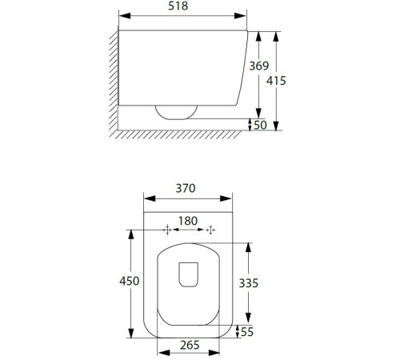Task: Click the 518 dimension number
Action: [x=178, y=6]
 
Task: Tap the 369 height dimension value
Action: [x=259, y=66]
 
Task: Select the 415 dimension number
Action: [x=276, y=81]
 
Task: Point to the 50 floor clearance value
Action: [x=260, y=125]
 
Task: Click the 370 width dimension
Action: [x=186, y=188]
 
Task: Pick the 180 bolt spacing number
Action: [x=188, y=221]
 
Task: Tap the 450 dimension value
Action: [x=130, y=281]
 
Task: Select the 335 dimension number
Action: [x=248, y=283]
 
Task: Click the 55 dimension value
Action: [x=247, y=332]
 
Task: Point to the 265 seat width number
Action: [x=190, y=345]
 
